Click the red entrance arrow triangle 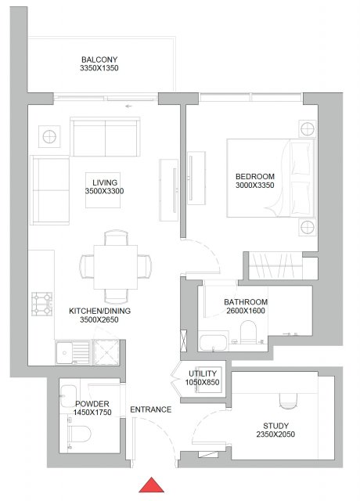coord(151,485)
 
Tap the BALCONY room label coord(99,59)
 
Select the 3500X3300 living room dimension coord(104,191)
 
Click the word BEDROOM coord(255,176)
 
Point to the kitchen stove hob coord(41,304)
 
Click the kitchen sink coord(73,353)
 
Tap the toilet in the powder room coord(79,434)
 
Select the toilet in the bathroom coord(248,332)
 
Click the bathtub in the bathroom coord(213,342)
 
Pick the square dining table coord(116,267)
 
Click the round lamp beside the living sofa coord(49,137)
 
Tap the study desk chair coord(288,401)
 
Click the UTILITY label coord(203,373)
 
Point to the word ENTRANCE coord(151,409)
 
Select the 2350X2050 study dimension coord(275,434)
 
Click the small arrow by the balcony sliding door coord(128,106)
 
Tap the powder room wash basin coord(68,396)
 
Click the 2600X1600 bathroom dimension coord(246,311)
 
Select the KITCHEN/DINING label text coord(99,311)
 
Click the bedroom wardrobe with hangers coord(275,265)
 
